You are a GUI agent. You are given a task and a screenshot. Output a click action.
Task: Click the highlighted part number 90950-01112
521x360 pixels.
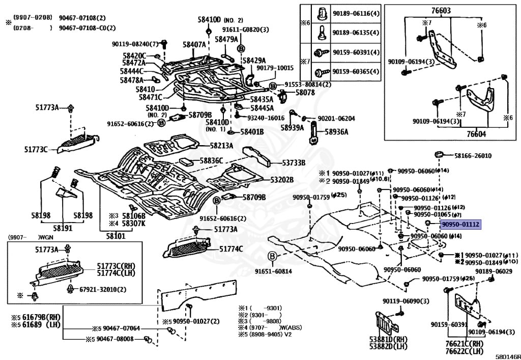(x=460, y=224)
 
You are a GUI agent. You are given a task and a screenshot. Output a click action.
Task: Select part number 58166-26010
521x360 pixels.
(x=473, y=156)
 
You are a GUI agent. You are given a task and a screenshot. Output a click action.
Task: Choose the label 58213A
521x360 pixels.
(x=222, y=146)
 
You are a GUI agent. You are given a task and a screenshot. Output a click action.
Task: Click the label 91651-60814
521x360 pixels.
(x=274, y=271)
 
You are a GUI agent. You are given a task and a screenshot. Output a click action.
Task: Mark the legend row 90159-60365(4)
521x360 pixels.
(x=356, y=71)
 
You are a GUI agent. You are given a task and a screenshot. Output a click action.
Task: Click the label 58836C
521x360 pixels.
(x=211, y=160)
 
